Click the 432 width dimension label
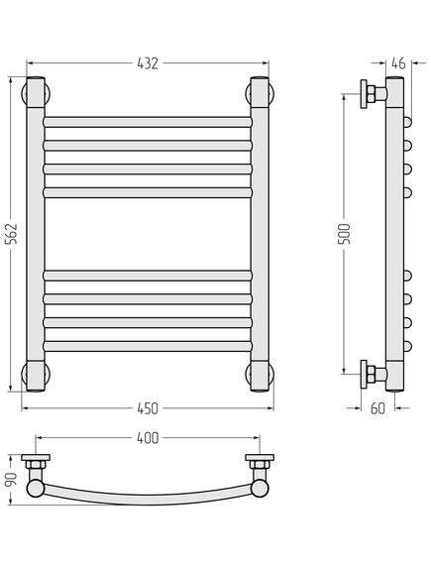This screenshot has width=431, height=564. (x=148, y=63)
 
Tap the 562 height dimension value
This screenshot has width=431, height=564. (x=11, y=234)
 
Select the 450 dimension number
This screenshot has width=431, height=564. (x=148, y=408)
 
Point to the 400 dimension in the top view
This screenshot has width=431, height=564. (x=148, y=438)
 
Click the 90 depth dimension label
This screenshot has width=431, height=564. (x=11, y=480)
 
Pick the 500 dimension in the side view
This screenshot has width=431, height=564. (x=344, y=234)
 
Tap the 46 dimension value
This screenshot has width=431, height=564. (x=398, y=63)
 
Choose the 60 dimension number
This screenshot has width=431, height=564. (x=377, y=408)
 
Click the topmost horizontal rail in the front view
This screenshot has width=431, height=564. (x=148, y=122)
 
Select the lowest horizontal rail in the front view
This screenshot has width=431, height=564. (x=148, y=346)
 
